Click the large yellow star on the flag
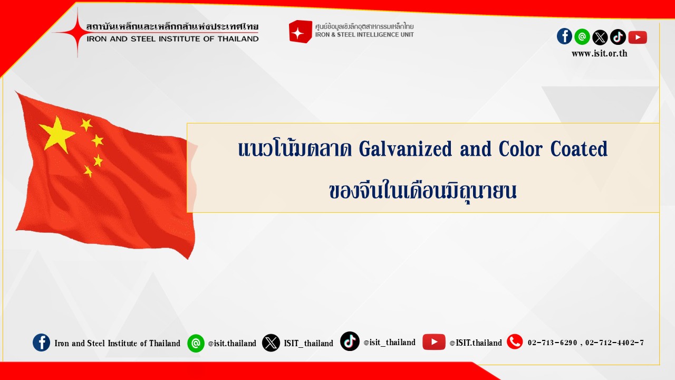click(x=56, y=135)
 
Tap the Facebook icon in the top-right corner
click(x=564, y=36)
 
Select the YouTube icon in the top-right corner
click(x=638, y=37)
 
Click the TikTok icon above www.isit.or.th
click(x=618, y=37)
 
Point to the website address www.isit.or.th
click(x=600, y=54)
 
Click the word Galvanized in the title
click(x=406, y=149)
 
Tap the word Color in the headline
click(x=520, y=149)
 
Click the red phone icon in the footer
click(x=515, y=341)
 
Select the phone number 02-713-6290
click(x=552, y=343)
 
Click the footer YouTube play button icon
click(x=434, y=341)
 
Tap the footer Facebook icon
click(x=41, y=343)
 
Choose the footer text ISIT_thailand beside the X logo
click(x=308, y=343)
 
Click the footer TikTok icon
click(x=350, y=341)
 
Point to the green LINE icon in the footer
click(x=196, y=343)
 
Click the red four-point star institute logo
click(x=78, y=32)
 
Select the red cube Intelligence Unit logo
click(x=301, y=32)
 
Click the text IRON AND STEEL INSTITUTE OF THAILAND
click(x=172, y=39)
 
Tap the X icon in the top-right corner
click(x=600, y=37)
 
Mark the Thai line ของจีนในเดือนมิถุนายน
click(x=423, y=191)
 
